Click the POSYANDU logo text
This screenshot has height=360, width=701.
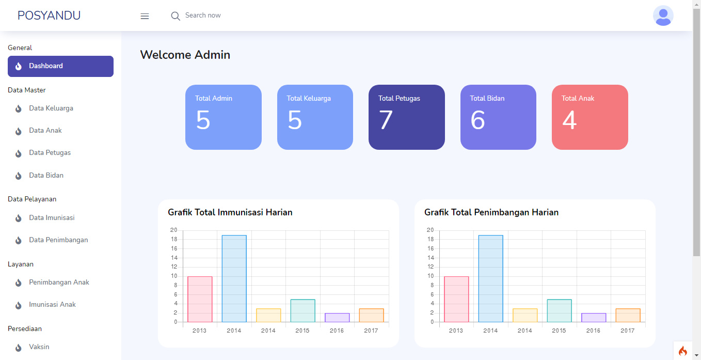click(49, 15)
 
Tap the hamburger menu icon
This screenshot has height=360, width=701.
click(145, 16)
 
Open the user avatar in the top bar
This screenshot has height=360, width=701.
click(663, 15)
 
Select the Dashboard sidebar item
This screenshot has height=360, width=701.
click(60, 66)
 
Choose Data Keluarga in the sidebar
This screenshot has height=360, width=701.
click(51, 108)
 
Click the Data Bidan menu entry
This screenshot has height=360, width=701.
click(46, 176)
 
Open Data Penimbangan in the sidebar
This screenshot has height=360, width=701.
click(58, 240)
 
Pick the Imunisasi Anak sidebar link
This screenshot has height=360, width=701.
click(52, 305)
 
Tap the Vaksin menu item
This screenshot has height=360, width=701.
click(39, 347)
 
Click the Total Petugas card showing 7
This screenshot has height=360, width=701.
click(406, 117)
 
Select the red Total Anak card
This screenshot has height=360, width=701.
click(590, 117)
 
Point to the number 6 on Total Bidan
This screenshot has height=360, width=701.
click(477, 120)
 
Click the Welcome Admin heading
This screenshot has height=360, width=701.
click(185, 55)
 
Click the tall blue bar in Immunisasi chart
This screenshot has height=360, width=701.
click(234, 279)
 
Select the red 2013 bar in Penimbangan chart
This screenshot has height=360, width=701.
click(456, 300)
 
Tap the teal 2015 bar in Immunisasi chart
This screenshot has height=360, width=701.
click(302, 311)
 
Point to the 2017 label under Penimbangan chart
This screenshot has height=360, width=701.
click(627, 331)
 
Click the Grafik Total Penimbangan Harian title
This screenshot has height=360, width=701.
click(491, 212)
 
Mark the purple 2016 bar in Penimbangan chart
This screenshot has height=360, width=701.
click(593, 318)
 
